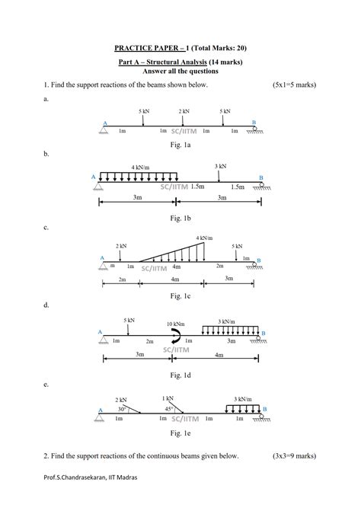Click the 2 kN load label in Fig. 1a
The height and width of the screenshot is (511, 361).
tap(185, 111)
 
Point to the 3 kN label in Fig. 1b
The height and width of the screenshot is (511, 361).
tap(220, 166)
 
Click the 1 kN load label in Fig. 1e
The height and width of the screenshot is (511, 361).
tap(168, 398)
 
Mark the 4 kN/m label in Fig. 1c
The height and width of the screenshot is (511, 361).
tap(204, 238)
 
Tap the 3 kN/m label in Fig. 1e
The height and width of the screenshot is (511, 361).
tap(243, 398)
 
